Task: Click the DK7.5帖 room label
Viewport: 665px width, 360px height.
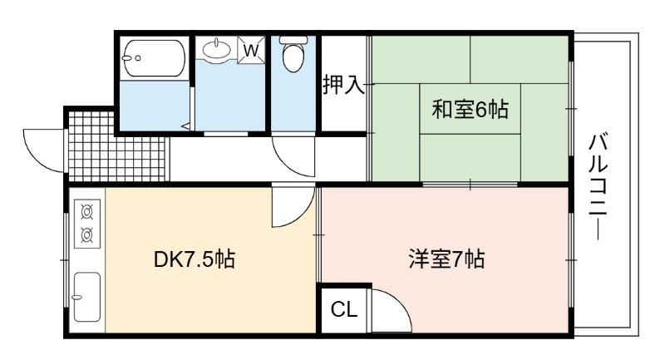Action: [195, 259]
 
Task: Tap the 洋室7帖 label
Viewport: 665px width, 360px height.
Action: [447, 259]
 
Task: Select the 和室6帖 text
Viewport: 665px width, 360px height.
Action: [470, 110]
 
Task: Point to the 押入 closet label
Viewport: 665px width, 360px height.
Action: [343, 84]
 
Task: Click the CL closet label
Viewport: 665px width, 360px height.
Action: [344, 309]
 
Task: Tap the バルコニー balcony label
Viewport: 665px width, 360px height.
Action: [598, 187]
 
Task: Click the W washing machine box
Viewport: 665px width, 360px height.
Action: [251, 51]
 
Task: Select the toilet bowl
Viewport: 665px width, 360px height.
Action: [293, 54]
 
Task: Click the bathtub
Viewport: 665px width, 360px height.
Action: [154, 58]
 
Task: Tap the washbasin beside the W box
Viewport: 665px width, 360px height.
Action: [217, 49]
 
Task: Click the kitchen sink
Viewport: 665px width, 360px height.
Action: [87, 297]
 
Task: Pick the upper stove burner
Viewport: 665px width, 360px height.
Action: [87, 212]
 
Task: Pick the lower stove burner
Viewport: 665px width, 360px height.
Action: [87, 234]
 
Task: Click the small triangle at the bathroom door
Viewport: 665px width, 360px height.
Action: [185, 126]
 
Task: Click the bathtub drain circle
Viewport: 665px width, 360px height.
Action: [137, 58]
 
